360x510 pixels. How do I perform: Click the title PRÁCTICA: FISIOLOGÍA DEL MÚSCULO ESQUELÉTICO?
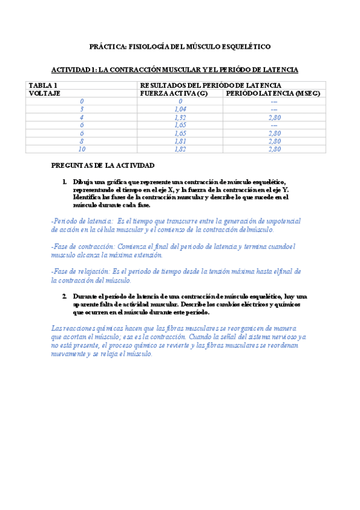point(180,46)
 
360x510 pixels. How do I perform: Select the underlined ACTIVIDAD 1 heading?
point(175,70)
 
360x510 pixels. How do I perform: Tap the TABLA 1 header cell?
point(44,86)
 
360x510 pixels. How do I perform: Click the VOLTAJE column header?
point(46,94)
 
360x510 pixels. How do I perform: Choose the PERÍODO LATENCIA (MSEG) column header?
point(273,94)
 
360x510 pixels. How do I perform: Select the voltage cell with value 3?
point(82,109)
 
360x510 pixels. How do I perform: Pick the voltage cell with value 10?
point(82,149)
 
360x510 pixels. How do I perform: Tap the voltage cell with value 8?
point(82,141)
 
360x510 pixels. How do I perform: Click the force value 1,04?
point(180,109)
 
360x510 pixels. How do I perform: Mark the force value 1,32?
point(180,117)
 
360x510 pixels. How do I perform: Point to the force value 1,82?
point(180,149)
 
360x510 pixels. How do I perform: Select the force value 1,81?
point(180,141)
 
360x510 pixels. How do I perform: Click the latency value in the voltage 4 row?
point(275,117)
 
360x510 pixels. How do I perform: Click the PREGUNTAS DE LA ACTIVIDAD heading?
point(103,165)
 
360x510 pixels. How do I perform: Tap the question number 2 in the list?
point(64,296)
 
